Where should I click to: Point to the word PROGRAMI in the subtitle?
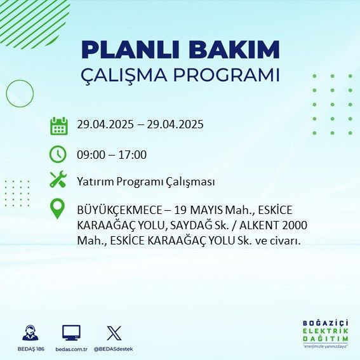225,74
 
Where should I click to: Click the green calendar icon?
58,125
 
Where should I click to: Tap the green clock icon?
58,154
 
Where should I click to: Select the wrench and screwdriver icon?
58,181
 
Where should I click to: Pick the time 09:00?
90,154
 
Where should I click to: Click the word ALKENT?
259,225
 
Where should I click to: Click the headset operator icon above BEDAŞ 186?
29,332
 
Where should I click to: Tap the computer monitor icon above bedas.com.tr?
71,332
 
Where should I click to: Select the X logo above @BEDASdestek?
114,332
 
